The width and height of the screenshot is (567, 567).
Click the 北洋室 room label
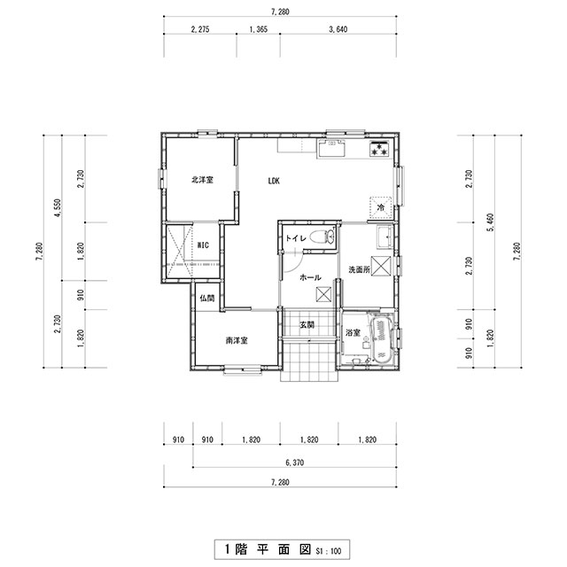coord(202,180)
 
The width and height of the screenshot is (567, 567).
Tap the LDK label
coord(274,181)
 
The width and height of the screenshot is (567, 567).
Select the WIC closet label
coord(203,245)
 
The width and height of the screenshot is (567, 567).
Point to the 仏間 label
coord(207,299)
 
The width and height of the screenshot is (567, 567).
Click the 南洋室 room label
coord(237,340)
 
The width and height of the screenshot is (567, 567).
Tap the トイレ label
coord(296,238)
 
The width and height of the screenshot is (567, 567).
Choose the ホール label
coord(310,277)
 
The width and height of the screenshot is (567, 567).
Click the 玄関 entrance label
coord(307,325)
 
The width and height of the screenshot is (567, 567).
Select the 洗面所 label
coord(359,269)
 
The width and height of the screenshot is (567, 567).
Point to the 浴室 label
coord(353,333)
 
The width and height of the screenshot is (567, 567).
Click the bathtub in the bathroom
coord(380,340)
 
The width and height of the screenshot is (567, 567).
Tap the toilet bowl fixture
coord(322,237)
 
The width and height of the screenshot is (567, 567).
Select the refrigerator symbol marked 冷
coord(380,208)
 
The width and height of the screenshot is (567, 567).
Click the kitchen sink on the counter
coord(331,147)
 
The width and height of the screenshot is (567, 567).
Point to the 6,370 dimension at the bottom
coord(295,462)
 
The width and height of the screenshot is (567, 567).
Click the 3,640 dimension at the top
coord(338,29)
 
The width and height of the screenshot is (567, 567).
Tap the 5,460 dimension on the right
coord(491,222)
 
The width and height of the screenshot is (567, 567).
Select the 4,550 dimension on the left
coord(58,208)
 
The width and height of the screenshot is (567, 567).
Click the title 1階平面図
coord(268,549)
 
